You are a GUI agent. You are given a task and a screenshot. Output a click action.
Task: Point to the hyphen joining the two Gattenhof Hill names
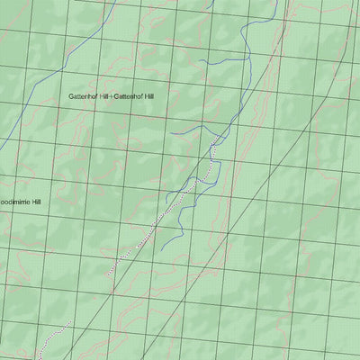[x=113, y=96]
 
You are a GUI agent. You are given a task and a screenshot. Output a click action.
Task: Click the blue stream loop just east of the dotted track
[x=210, y=180]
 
